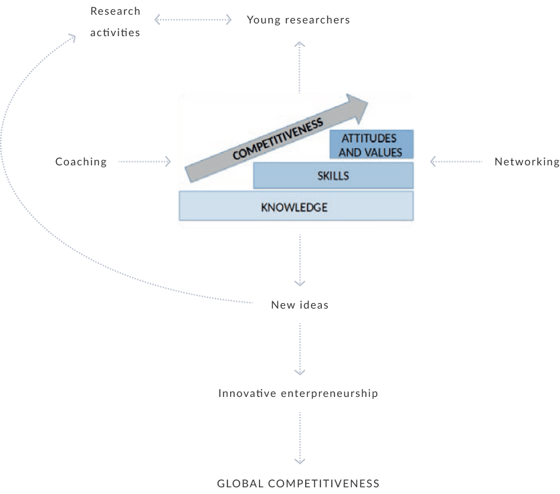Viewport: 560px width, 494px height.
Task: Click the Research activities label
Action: [115, 21]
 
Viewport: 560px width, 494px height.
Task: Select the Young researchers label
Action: [298, 20]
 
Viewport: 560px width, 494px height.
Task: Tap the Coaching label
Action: [81, 161]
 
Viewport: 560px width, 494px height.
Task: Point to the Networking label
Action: [527, 161]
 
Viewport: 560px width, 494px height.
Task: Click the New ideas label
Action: [299, 305]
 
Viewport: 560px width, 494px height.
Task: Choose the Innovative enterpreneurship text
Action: [298, 394]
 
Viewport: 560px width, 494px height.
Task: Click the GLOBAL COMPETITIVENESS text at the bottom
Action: [298, 483]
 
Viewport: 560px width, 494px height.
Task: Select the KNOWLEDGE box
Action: [295, 206]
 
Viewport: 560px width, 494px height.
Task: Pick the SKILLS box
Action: [333, 176]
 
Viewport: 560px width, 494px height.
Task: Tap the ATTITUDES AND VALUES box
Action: [371, 145]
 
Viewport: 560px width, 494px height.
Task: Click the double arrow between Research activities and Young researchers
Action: [193, 20]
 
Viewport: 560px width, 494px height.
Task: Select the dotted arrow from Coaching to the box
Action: [145, 161]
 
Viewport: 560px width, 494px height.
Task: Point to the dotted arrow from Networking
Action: [456, 161]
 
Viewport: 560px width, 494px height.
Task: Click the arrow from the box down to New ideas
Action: [300, 260]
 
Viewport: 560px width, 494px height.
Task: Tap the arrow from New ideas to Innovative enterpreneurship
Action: [300, 349]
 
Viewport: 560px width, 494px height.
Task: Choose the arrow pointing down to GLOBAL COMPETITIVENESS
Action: [300, 438]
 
